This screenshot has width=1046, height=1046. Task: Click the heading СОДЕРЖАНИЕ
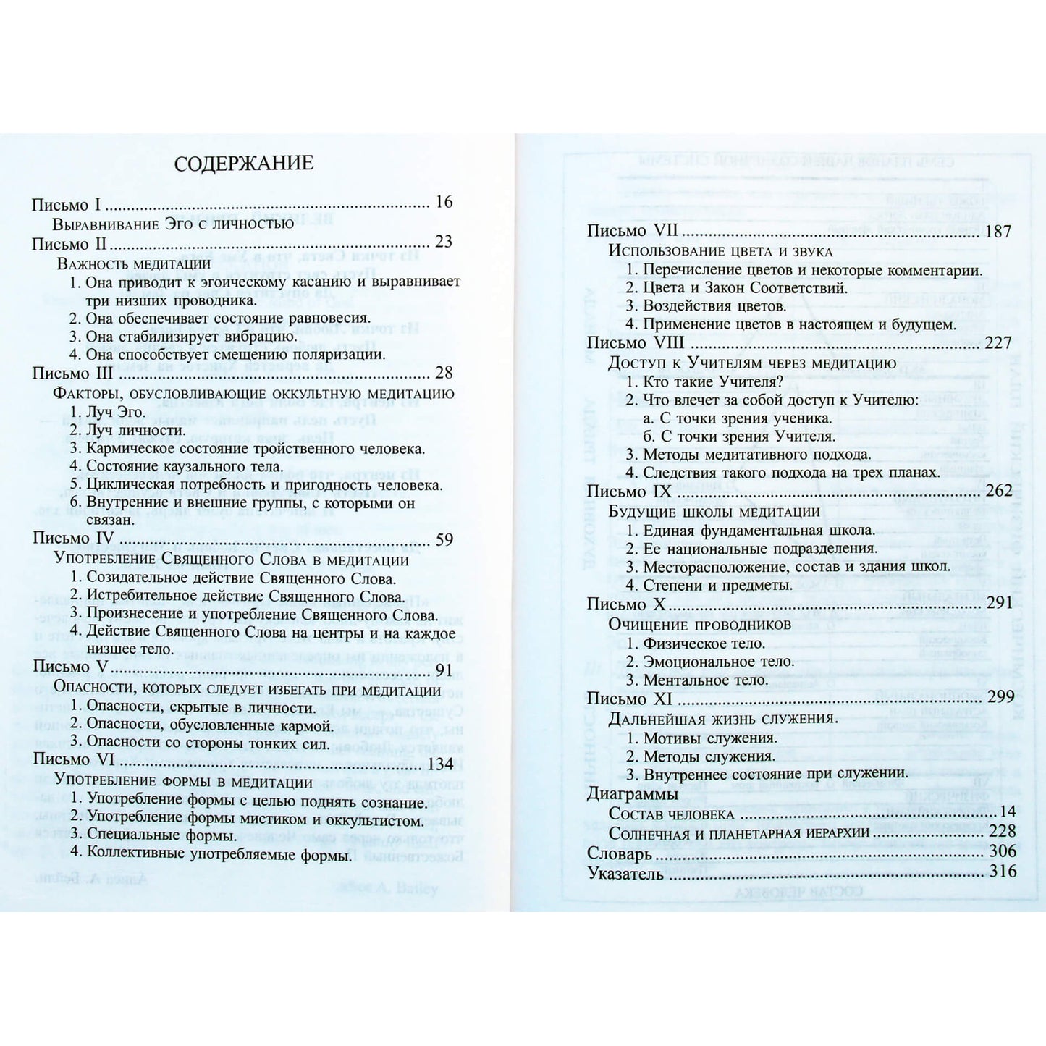click(x=244, y=163)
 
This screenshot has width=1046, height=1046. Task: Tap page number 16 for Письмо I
click(x=444, y=202)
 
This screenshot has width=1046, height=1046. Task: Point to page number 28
click(x=444, y=373)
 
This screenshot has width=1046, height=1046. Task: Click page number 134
click(x=440, y=764)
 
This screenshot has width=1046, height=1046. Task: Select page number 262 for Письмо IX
click(x=999, y=491)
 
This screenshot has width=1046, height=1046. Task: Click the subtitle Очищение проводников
click(x=689, y=624)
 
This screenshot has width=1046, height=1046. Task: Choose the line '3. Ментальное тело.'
click(x=696, y=680)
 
